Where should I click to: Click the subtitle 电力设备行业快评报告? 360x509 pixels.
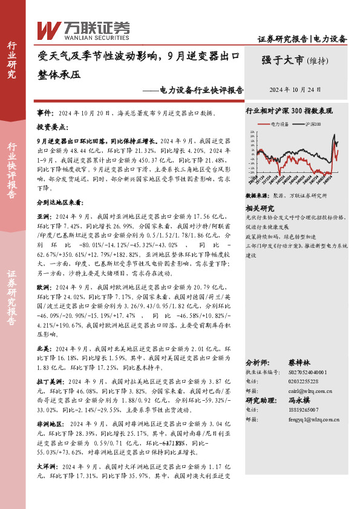pyautogui.click(x=201, y=90)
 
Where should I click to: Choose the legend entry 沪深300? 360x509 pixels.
pyautogui.click(x=312, y=123)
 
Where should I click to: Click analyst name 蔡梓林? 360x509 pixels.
pyautogui.click(x=298, y=363)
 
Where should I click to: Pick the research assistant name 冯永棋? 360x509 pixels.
pyautogui.click(x=298, y=400)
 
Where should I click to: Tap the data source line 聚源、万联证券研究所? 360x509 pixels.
pyautogui.click(x=297, y=196)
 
